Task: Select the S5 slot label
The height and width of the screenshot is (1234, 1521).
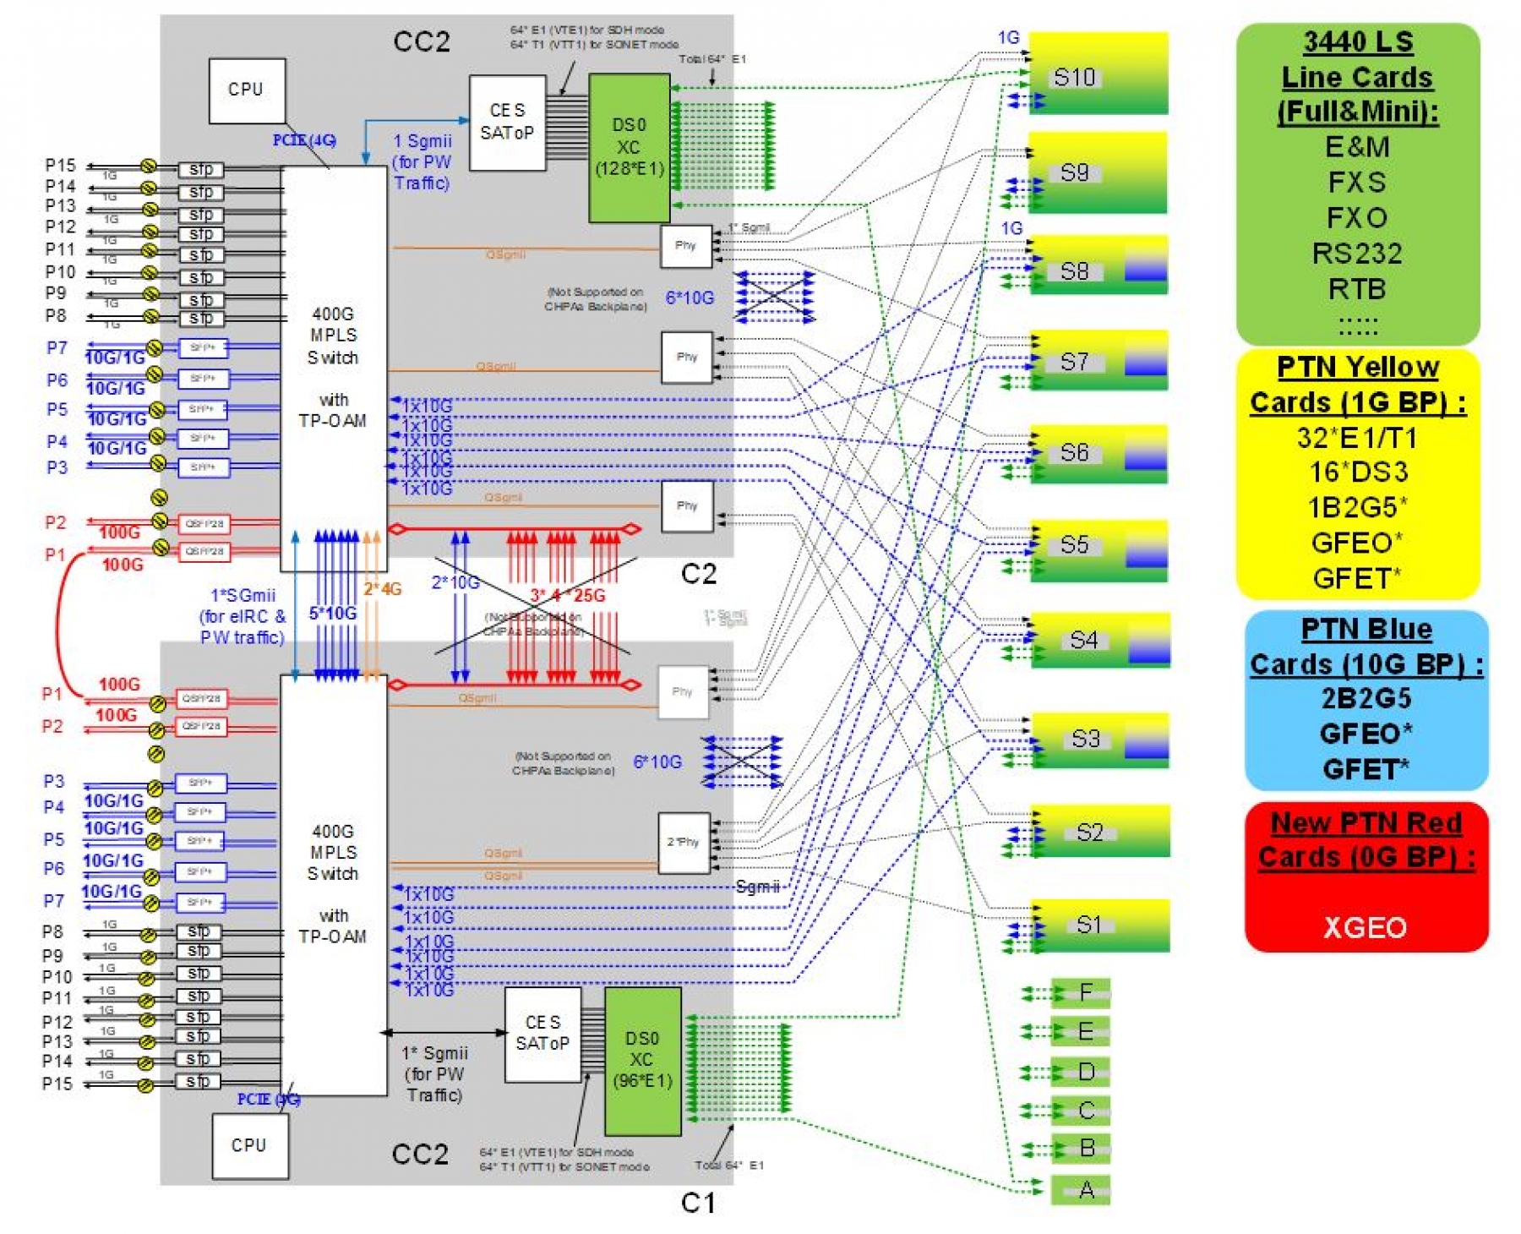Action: point(1073,545)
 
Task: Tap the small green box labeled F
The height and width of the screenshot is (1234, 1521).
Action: point(1081,992)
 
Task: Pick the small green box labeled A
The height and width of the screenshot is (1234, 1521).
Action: point(1081,1190)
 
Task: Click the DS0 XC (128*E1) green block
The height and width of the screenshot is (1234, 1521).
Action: point(629,148)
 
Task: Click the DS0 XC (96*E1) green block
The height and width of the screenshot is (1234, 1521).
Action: point(641,1061)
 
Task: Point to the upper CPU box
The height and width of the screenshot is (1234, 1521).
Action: point(247,90)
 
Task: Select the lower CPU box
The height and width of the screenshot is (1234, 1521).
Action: point(249,1145)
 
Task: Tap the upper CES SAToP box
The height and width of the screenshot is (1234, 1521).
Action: point(507,123)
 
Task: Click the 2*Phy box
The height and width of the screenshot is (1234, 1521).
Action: point(684,843)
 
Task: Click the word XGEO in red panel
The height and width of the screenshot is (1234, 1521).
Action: point(1365,928)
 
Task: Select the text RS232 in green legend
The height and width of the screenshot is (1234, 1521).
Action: point(1356,254)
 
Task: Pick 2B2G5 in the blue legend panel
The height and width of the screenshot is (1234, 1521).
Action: point(1366,699)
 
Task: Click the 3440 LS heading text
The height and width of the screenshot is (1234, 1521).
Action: point(1357,42)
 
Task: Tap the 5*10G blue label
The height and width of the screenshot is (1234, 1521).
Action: point(332,613)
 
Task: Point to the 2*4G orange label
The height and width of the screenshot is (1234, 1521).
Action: point(382,589)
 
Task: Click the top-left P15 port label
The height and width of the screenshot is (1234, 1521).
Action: point(60,165)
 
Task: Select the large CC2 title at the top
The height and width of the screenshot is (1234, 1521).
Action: point(421,42)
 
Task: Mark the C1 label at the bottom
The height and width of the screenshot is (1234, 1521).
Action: point(697,1203)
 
